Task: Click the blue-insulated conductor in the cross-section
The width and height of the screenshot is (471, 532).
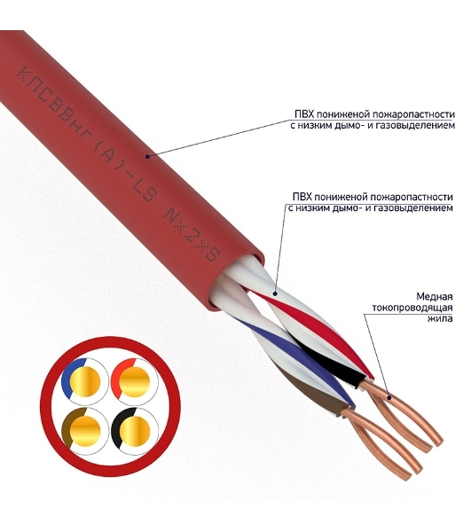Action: tap(85, 381)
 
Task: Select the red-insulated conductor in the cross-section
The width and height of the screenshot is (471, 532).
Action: tap(135, 381)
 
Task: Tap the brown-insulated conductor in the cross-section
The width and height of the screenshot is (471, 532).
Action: tap(85, 431)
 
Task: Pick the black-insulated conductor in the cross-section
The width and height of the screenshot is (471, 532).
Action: tap(135, 431)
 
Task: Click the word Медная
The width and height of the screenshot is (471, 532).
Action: tap(435, 296)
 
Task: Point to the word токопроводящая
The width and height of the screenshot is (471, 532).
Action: tap(412, 308)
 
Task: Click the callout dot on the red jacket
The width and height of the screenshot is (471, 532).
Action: tap(147, 156)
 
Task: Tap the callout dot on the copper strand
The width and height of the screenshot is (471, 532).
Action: tap(389, 397)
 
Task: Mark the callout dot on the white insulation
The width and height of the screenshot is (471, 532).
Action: tap(275, 293)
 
